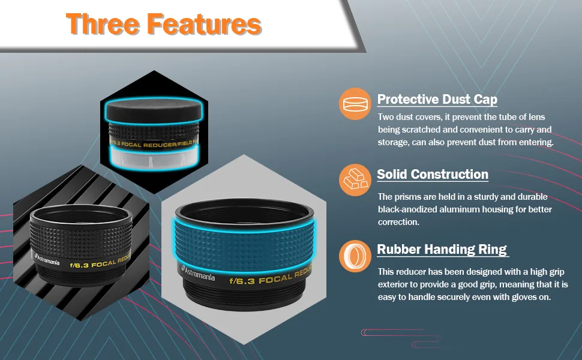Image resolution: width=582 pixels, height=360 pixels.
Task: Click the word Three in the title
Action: pyautogui.click(x=103, y=25)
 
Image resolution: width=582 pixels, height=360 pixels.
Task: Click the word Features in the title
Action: pyautogui.click(x=205, y=25)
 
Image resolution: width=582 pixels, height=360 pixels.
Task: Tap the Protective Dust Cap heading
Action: pyautogui.click(x=437, y=100)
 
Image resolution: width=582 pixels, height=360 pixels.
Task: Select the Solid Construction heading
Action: pyautogui.click(x=433, y=174)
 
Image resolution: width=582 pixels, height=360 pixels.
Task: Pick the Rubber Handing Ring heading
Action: pyautogui.click(x=442, y=250)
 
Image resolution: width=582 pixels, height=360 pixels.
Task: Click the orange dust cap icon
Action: pyautogui.click(x=355, y=104)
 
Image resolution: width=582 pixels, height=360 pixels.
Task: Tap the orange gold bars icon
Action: pyautogui.click(x=355, y=179)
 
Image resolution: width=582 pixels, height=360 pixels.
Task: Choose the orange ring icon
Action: pyautogui.click(x=355, y=256)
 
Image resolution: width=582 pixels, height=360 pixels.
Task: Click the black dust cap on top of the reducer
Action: pyautogui.click(x=154, y=110)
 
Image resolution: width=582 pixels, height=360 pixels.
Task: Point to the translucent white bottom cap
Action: pyautogui.click(x=152, y=157)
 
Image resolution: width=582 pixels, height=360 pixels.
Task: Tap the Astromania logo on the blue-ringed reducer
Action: pyautogui.click(x=198, y=273)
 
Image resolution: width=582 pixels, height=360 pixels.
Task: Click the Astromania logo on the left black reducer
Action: pyautogui.click(x=47, y=259)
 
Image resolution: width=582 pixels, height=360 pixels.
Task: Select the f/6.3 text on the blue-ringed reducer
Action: pyautogui.click(x=242, y=281)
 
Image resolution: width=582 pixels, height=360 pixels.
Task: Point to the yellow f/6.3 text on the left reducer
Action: pyautogui.click(x=79, y=265)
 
